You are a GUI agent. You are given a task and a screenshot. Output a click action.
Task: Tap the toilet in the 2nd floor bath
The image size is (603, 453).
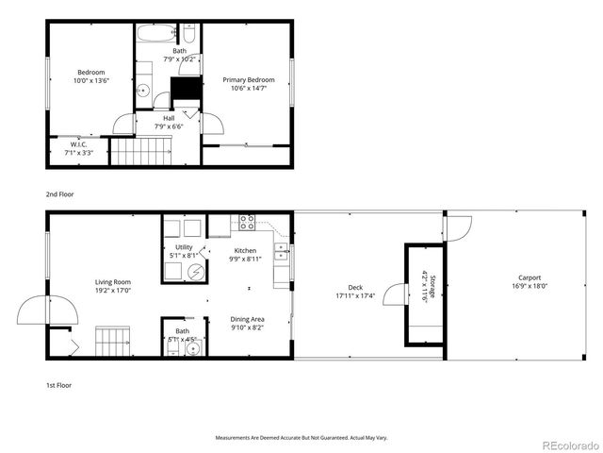tap(188, 37)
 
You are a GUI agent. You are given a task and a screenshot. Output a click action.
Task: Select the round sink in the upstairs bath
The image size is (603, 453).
tap(142, 91)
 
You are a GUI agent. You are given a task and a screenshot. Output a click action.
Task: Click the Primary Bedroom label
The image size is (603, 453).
tap(248, 80)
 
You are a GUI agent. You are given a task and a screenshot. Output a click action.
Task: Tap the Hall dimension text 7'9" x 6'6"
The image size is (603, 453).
tap(169, 126)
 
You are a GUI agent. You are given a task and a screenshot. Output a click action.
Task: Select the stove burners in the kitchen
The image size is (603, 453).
tap(247, 223)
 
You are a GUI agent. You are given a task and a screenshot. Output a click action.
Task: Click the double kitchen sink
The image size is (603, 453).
tap(281, 251)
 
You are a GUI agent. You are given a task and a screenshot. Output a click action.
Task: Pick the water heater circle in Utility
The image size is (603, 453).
tap(196, 271)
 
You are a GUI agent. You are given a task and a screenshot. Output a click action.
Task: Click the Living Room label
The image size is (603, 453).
tap(112, 282)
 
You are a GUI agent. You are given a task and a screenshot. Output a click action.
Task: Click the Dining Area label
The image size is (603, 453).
tap(247, 319)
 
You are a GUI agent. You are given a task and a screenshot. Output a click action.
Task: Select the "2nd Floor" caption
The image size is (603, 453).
tap(59, 193)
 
